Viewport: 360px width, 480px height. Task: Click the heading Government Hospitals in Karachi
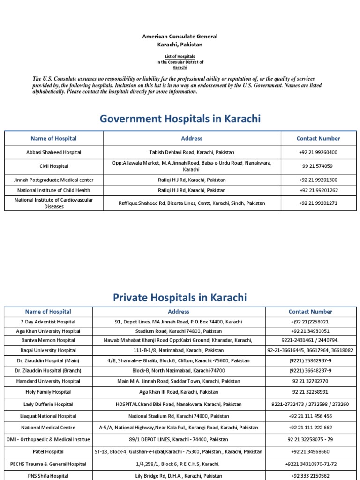[x=180, y=119]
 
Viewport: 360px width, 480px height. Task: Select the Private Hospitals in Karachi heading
[x=180, y=297]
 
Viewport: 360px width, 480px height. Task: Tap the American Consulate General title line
[x=180, y=37]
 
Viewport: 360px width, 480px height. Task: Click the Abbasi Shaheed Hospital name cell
[x=53, y=152]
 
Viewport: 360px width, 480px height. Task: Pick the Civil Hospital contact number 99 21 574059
[x=318, y=166]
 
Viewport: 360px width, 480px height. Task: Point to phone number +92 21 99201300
[x=318, y=180]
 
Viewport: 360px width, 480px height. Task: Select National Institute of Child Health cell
[x=53, y=190]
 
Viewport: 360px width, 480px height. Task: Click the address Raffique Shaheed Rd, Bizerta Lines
[x=192, y=203]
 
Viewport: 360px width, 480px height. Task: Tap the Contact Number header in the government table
[x=318, y=138]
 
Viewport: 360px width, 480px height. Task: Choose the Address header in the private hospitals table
[x=179, y=311]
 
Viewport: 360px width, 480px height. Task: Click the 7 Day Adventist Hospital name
[x=48, y=322]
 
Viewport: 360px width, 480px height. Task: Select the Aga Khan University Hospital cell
[x=48, y=331]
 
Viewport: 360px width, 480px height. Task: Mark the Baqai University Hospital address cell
[x=179, y=350]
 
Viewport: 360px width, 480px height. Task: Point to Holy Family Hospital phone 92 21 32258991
[x=310, y=392]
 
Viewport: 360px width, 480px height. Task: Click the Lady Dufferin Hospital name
[x=48, y=404]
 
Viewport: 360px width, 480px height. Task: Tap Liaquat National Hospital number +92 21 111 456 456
[x=310, y=416]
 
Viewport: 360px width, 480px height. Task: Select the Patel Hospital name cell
[x=48, y=452]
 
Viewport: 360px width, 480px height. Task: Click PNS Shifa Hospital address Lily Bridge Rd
[x=179, y=476]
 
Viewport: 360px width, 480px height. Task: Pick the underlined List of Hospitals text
[x=180, y=56]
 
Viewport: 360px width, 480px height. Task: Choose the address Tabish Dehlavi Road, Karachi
[x=192, y=152]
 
